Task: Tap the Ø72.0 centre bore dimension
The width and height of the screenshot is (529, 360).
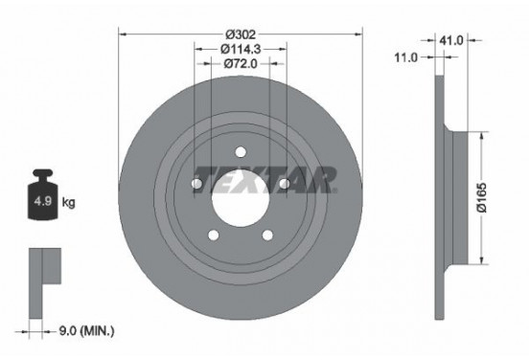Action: tap(240, 64)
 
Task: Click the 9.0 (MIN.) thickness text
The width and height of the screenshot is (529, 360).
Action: tap(84, 331)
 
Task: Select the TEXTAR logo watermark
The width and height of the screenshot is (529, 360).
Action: tap(264, 179)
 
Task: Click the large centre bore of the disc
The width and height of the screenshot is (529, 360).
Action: tap(240, 195)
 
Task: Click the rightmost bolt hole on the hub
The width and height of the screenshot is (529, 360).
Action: tap(284, 182)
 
